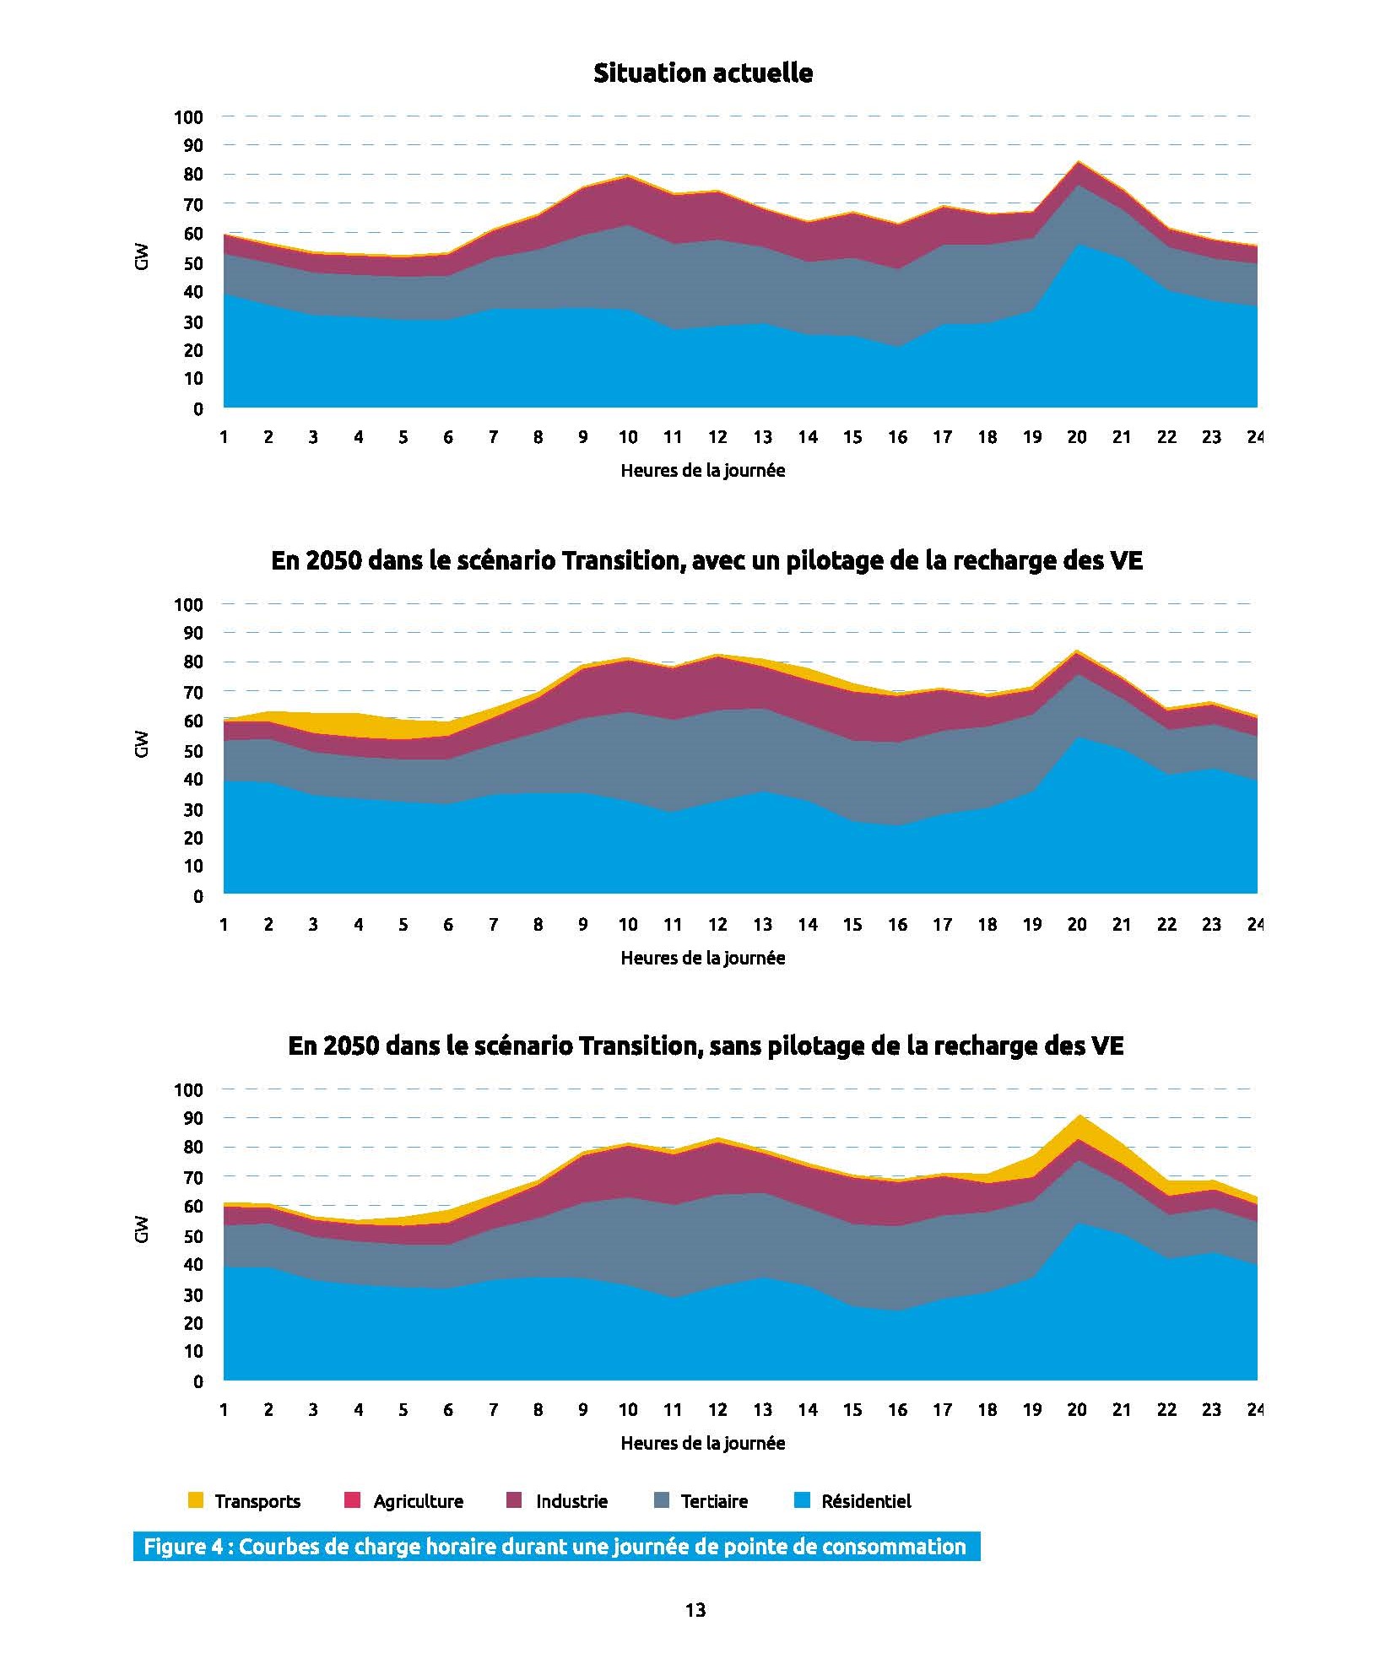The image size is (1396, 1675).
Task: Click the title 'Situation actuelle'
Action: coord(702,73)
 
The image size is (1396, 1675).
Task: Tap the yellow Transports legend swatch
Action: coord(195,1500)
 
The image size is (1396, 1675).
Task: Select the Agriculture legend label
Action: coord(418,1501)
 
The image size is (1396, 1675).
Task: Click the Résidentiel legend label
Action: coord(866,1501)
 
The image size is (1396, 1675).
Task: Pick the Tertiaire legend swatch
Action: coord(662,1500)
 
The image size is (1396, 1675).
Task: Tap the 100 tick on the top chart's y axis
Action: coord(189,117)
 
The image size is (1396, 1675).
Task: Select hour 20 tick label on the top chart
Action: coord(1076,437)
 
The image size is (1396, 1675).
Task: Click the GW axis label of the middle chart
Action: coord(141,743)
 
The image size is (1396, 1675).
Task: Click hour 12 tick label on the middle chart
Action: coord(717,924)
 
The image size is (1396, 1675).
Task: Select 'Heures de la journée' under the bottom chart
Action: coord(702,1443)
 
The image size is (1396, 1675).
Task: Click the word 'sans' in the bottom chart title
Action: coord(736,1046)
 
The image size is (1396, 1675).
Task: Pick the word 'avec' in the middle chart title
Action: coord(717,561)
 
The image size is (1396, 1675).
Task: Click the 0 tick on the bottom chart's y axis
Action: coord(198,1381)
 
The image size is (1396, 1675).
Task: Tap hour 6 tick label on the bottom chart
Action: coord(447,1409)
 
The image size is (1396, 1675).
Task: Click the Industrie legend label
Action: coord(571,1501)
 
